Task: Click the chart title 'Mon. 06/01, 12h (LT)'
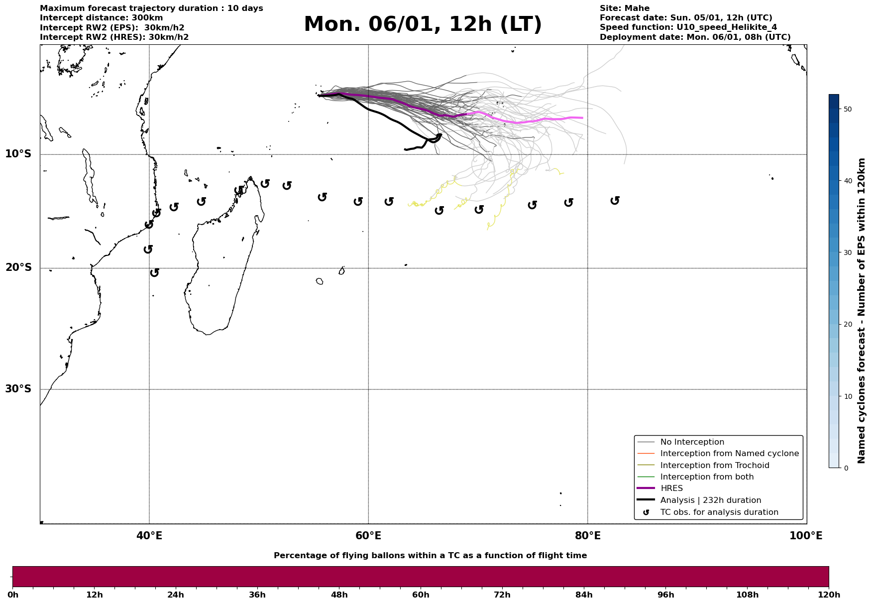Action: click(x=423, y=24)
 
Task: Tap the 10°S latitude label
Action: click(x=18, y=154)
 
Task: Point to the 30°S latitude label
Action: click(x=18, y=389)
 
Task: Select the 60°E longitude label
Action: click(x=368, y=536)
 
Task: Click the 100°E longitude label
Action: click(x=806, y=536)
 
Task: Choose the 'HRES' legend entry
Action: click(x=671, y=488)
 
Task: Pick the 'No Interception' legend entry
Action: click(x=692, y=442)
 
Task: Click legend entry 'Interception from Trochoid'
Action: click(x=714, y=466)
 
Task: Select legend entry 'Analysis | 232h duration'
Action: click(x=710, y=500)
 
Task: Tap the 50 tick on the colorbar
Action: click(x=848, y=109)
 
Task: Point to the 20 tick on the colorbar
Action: click(x=848, y=325)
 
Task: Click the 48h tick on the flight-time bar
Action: click(x=339, y=595)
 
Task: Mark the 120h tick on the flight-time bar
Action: click(x=829, y=595)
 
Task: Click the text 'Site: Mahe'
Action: click(x=624, y=8)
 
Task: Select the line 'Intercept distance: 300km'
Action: click(x=101, y=18)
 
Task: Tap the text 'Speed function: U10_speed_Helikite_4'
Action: click(x=688, y=27)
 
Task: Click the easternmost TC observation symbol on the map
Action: click(x=615, y=200)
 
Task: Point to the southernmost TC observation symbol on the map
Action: click(x=154, y=272)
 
